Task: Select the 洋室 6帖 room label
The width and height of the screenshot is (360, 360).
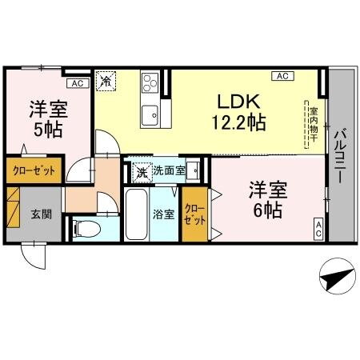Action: pos(267,201)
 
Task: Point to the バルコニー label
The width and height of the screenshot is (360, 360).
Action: pos(340,157)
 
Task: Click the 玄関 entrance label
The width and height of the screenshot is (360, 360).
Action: pos(42,214)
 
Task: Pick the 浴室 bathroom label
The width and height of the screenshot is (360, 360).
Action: pos(162,214)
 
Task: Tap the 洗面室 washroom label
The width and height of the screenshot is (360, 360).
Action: pos(170,170)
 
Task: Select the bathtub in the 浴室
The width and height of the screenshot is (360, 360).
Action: pos(137,214)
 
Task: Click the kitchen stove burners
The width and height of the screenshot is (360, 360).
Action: pos(150,84)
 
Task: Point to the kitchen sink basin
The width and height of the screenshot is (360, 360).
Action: pos(150,115)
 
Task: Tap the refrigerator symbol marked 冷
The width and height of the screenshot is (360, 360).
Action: pos(106,81)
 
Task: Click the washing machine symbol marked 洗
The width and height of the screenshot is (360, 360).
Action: pos(141,170)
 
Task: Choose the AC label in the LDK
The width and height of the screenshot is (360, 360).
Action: pos(282,77)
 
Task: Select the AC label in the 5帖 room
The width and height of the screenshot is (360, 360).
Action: pos(77,82)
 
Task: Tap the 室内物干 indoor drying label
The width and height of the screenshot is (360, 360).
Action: pos(314,124)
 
